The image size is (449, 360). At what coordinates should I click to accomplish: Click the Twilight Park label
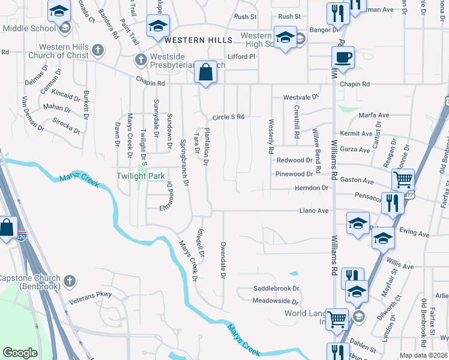139,175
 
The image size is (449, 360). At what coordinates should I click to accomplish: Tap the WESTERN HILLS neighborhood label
198,40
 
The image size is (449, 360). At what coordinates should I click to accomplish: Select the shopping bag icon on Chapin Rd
206,73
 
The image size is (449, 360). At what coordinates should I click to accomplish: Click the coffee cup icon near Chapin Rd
343,58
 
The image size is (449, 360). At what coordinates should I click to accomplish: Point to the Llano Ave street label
315,211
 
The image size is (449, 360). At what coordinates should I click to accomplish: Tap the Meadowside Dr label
276,301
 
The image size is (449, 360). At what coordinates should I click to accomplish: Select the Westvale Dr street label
301,97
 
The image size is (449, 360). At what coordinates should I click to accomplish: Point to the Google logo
20,353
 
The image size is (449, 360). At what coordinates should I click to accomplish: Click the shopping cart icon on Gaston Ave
403,179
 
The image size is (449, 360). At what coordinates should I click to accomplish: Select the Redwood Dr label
295,160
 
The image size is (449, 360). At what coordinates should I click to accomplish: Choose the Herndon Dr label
312,188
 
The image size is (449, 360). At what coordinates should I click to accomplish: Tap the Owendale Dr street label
222,260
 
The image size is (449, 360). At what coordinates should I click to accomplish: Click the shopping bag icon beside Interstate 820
7,228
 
